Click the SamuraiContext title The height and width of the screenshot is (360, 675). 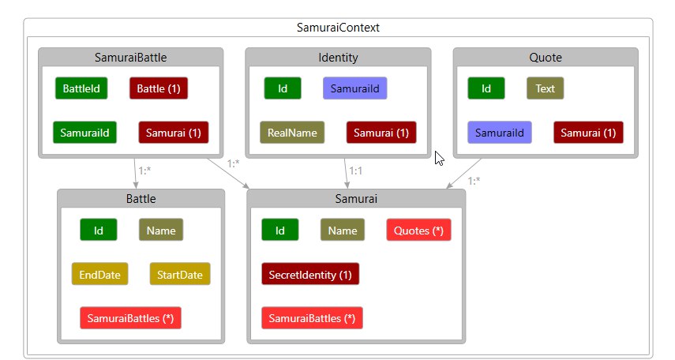point(338,28)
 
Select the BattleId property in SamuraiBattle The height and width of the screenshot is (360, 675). point(81,88)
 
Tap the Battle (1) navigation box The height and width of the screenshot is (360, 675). point(159,88)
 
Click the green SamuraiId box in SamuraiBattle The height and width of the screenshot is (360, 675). point(84,132)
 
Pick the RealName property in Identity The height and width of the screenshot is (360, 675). point(292,132)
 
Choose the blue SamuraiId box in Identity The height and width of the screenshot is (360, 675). point(355,88)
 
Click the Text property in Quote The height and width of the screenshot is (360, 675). point(545,88)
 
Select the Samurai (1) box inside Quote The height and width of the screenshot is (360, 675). point(588,132)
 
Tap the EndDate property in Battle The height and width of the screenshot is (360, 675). point(100,274)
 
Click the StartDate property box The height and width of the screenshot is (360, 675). point(180,274)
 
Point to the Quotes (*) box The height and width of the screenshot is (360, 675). point(419,230)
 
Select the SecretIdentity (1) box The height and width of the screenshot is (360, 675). point(310,274)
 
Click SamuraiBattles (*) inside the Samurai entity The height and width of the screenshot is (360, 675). point(312,318)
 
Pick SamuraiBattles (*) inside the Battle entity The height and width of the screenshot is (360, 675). point(130,318)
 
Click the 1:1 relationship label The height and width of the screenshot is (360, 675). point(355,171)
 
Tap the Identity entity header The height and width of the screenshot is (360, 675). point(338,58)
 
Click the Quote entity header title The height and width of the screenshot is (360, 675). point(546,58)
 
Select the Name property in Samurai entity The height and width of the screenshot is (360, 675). point(343,230)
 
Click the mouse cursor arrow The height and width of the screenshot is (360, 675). point(439,158)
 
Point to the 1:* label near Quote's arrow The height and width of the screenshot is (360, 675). point(474,181)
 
